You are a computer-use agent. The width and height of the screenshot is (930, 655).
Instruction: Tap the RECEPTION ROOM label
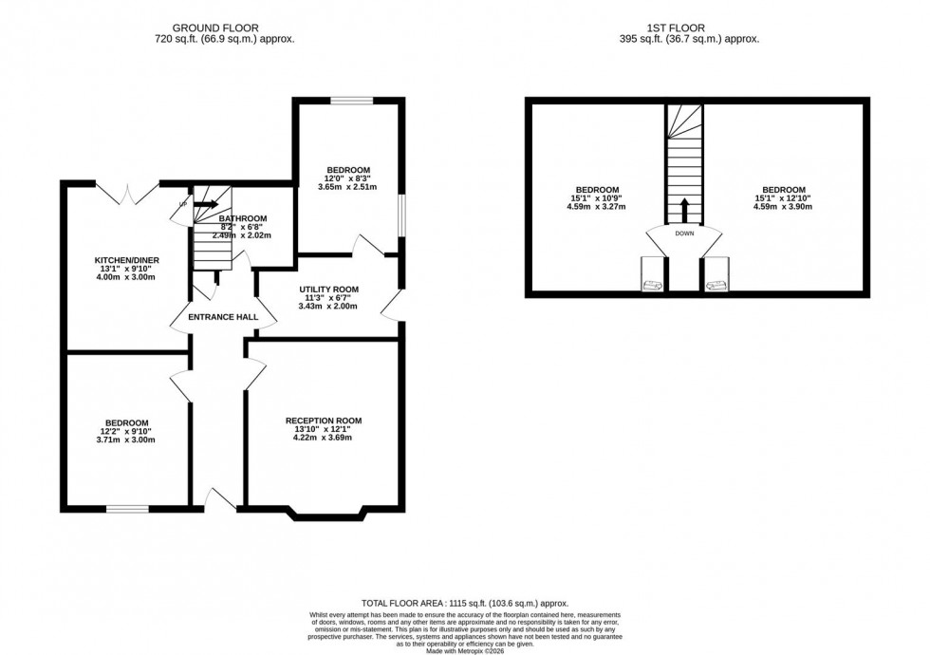click(324, 421)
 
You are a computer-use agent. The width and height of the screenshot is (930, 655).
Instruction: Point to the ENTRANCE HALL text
click(216, 317)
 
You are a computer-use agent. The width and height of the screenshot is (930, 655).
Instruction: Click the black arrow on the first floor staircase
click(684, 207)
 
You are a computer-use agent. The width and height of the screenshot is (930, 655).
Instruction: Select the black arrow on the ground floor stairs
click(206, 203)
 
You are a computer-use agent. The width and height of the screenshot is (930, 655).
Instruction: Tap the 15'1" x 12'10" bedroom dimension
click(784, 197)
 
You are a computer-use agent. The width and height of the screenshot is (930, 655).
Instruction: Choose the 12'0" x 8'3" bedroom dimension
click(347, 178)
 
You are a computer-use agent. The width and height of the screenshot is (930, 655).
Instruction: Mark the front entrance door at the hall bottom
click(220, 499)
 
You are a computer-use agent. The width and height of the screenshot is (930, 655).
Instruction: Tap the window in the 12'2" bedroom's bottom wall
click(126, 510)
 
